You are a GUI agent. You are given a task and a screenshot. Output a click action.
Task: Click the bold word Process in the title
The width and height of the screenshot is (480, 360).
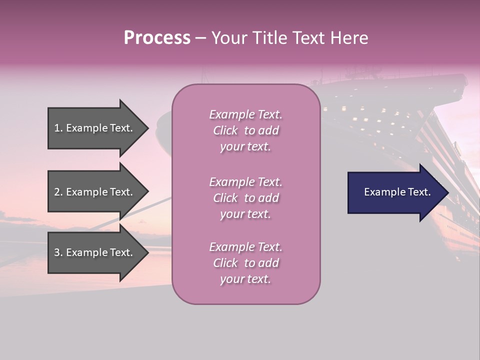157,38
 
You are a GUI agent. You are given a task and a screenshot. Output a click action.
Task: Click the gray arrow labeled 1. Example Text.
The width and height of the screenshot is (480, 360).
98,128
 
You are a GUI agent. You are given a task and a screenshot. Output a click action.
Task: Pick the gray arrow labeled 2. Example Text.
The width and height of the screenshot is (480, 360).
98,191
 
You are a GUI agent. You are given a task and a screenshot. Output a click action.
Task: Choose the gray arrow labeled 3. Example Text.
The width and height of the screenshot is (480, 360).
98,252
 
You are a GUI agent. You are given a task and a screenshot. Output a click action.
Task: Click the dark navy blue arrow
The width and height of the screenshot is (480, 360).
398,192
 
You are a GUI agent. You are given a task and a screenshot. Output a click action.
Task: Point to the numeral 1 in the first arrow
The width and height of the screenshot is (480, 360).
56,128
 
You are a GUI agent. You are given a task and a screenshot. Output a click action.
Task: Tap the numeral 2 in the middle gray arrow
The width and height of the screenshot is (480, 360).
57,192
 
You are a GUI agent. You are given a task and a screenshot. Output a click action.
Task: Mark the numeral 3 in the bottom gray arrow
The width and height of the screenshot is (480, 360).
57,252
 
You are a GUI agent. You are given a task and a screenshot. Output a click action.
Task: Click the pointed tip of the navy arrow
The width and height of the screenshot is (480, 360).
449,192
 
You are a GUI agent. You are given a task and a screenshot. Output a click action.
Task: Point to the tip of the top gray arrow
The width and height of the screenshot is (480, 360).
149,128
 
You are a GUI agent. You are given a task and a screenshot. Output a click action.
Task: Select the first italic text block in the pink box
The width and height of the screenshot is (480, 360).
246,130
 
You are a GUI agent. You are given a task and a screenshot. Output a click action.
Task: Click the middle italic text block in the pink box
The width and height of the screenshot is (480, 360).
246,198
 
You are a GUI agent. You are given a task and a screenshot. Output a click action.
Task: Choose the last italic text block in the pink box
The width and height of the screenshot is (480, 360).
246,263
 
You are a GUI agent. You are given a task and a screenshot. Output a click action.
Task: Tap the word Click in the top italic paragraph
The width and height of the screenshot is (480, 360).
225,130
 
